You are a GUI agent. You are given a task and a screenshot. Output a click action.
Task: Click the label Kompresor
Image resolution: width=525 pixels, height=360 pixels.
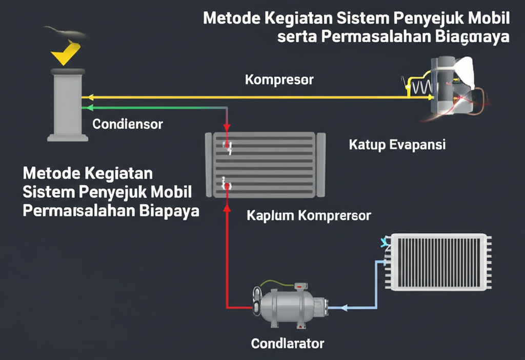click(279, 80)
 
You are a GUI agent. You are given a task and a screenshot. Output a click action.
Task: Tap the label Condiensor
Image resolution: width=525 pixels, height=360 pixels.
click(128, 124)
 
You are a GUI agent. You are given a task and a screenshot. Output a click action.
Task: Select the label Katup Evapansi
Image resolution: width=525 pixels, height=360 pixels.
click(397, 145)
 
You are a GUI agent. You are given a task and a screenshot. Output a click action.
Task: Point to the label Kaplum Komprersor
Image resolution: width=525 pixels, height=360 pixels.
click(308, 215)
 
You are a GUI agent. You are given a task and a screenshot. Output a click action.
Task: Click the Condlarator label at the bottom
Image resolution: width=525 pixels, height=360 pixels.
click(288, 343)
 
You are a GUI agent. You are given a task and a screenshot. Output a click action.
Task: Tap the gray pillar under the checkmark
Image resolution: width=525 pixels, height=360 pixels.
click(67, 105)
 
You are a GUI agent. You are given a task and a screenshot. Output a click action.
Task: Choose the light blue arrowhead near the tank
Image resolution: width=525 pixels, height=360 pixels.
click(344, 308)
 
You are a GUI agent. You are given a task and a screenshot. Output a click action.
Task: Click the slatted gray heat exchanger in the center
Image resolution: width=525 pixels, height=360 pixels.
click(265, 164)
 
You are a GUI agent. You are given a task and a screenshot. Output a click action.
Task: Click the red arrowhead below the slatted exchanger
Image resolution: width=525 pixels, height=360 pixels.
click(226, 207)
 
